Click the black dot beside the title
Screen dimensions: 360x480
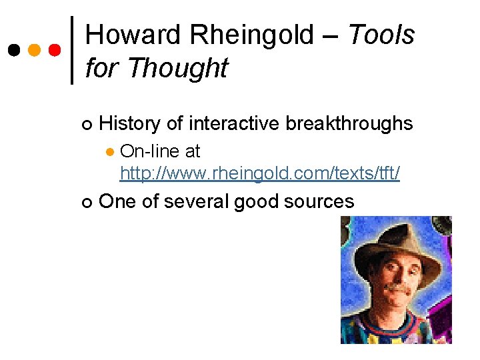13,50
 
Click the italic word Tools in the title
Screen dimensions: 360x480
381,35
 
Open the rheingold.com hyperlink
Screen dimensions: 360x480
260,174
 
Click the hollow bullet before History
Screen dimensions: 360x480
85,125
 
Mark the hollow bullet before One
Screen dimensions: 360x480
85,202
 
